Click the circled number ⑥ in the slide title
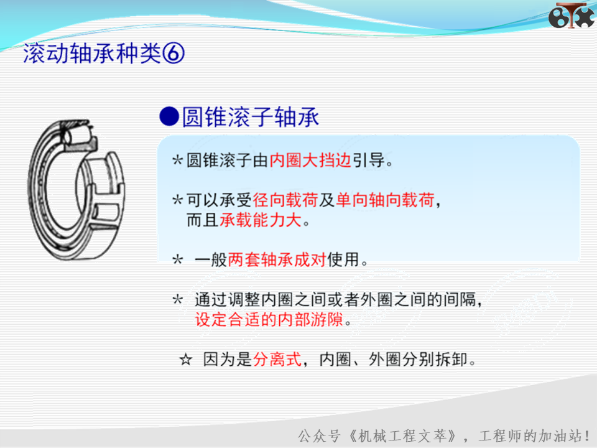tap(174, 53)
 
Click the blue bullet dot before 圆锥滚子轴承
tap(169, 116)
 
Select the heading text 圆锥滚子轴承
tap(251, 116)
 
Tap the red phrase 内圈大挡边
tap(310, 160)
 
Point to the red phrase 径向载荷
tap(285, 200)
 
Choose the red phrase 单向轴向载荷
tap(385, 200)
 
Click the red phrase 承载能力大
tap(261, 220)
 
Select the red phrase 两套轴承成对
tap(277, 259)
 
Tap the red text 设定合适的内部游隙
tap(269, 319)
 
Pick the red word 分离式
tap(277, 359)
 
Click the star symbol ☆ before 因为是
tap(186, 359)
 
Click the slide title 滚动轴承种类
tap(92, 53)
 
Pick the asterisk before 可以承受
tap(177, 200)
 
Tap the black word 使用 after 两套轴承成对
tap(343, 259)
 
